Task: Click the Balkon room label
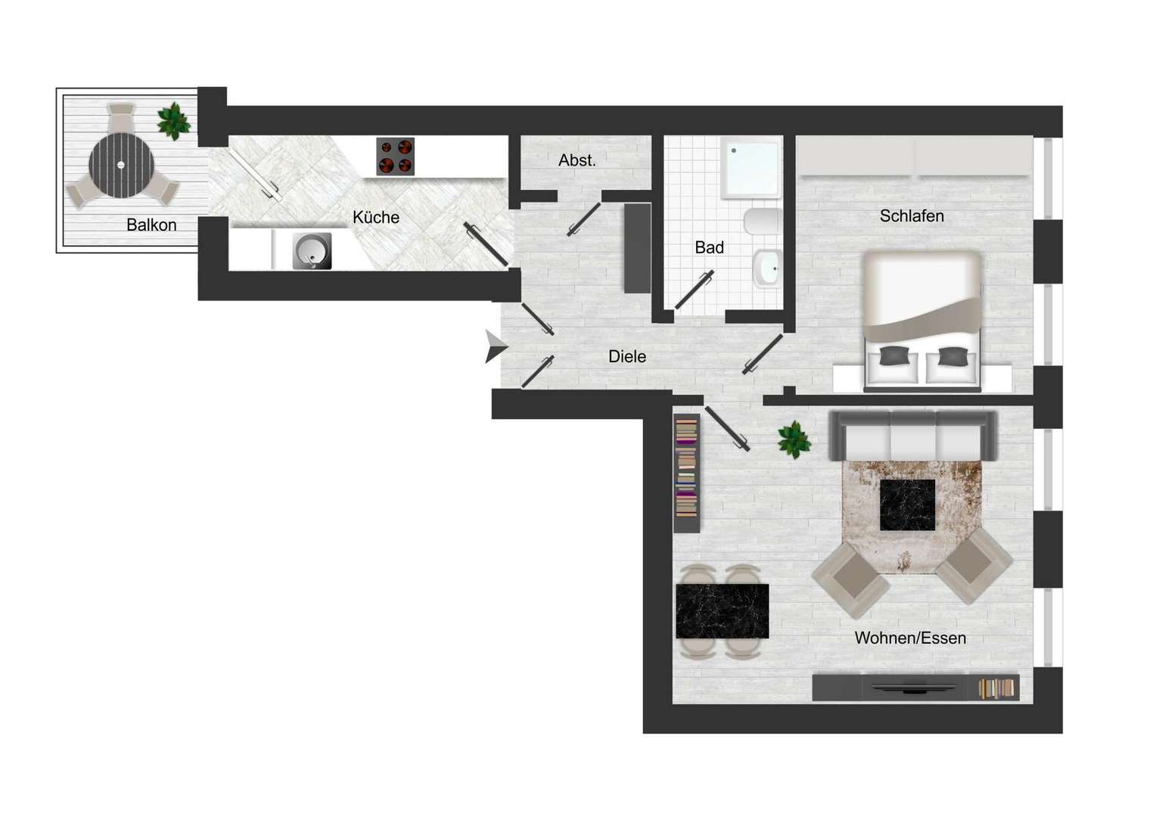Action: pyautogui.click(x=151, y=225)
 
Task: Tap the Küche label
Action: pyautogui.click(x=376, y=217)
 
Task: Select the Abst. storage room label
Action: pyautogui.click(x=577, y=160)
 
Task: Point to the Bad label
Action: pyautogui.click(x=709, y=247)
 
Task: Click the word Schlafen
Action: pyautogui.click(x=912, y=216)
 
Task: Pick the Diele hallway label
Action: pyautogui.click(x=627, y=356)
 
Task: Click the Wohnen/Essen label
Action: pyautogui.click(x=910, y=638)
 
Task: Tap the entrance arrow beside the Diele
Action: pyautogui.click(x=496, y=346)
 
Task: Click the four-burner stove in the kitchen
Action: pyautogui.click(x=396, y=156)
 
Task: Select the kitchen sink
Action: pyautogui.click(x=312, y=251)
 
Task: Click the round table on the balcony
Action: pyautogui.click(x=121, y=165)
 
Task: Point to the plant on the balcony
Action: pyautogui.click(x=174, y=121)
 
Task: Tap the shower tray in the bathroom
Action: pyautogui.click(x=751, y=167)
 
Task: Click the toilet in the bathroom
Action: pyautogui.click(x=763, y=222)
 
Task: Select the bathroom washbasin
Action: pyautogui.click(x=767, y=269)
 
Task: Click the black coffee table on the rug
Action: pyautogui.click(x=907, y=505)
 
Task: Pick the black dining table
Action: pyautogui.click(x=722, y=611)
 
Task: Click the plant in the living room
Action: pyautogui.click(x=794, y=440)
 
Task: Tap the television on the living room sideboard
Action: pyautogui.click(x=913, y=687)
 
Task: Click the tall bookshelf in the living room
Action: pyautogui.click(x=687, y=474)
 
